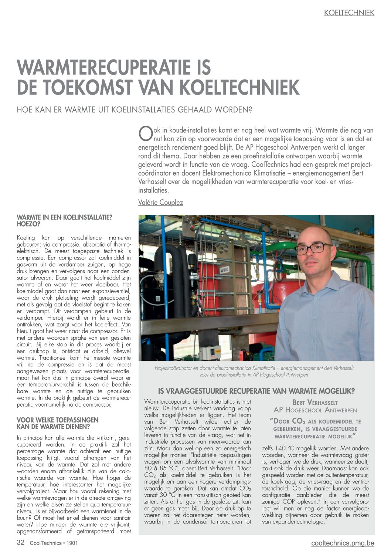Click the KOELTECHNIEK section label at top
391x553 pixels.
349,13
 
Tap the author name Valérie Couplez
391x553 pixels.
160,203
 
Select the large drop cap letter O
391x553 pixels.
145,133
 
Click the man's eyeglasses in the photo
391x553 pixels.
313,248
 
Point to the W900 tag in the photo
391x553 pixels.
224,270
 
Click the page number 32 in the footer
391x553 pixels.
21,543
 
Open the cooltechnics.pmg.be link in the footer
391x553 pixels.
343,543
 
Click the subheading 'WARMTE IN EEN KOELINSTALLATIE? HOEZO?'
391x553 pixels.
64,221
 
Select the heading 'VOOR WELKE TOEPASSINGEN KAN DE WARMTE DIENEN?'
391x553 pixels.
58,423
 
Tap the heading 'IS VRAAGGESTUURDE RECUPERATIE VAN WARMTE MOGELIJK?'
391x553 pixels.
256,391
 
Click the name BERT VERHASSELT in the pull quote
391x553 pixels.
315,403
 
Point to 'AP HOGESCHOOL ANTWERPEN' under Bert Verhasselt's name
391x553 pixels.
315,410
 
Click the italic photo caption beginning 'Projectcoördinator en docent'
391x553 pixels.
254,371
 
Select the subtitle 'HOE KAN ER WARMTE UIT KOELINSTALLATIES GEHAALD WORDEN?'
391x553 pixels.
134,110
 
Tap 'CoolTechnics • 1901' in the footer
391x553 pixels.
54,543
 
